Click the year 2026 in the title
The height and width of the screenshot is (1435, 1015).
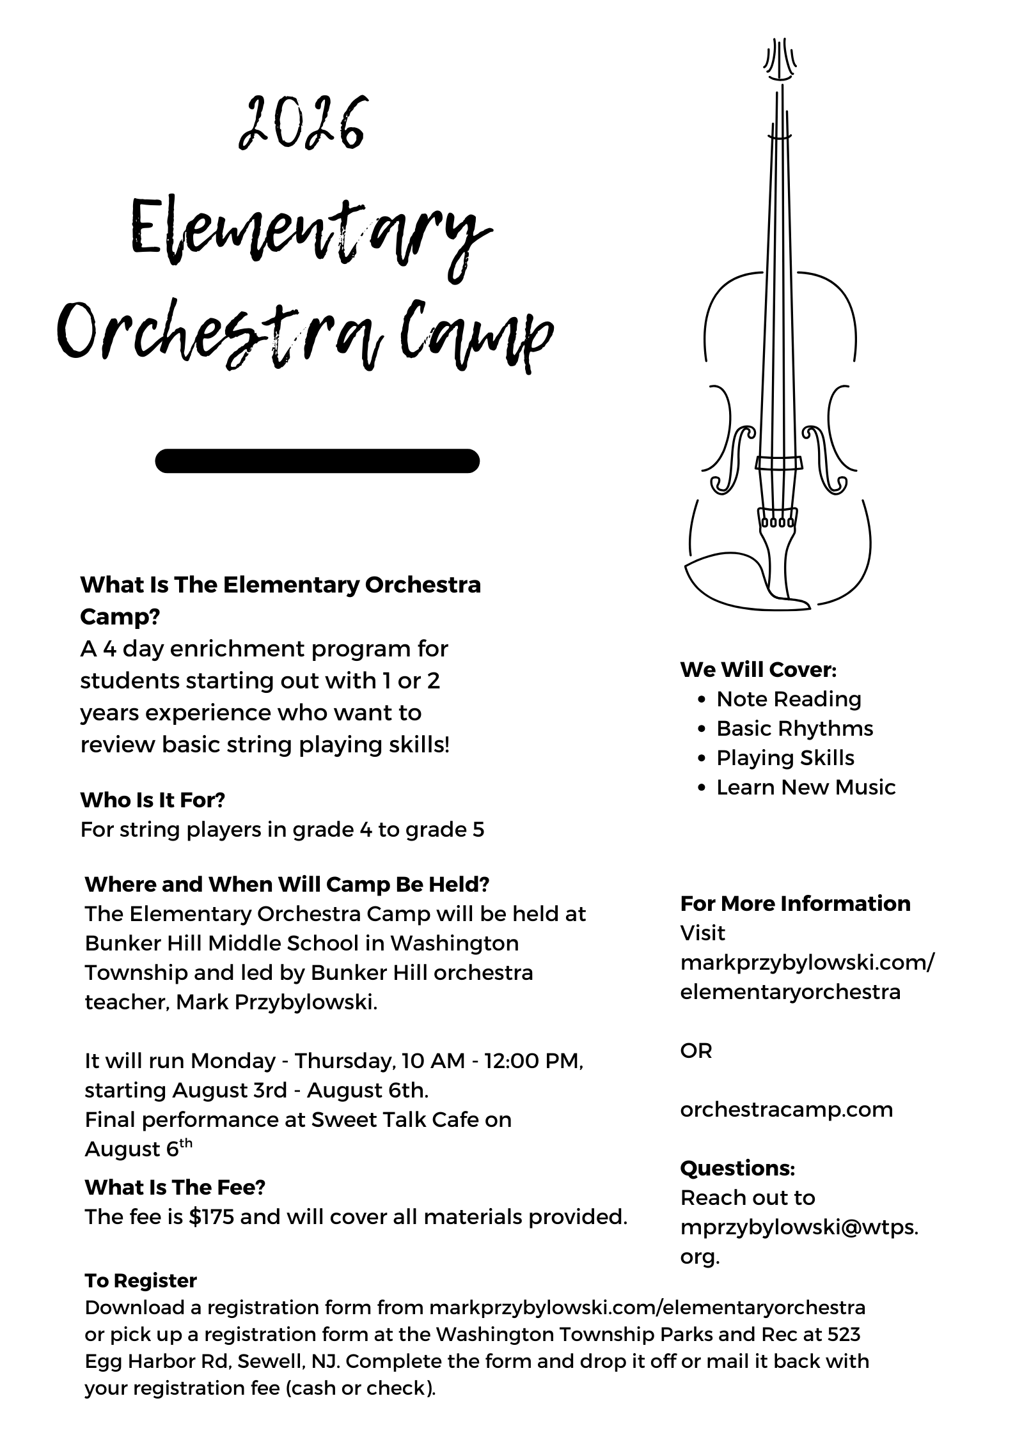click(x=301, y=125)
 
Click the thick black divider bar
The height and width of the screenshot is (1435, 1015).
click(x=317, y=461)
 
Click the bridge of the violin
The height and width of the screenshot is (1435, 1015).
click(x=778, y=462)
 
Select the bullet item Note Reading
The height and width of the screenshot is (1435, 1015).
click(x=789, y=699)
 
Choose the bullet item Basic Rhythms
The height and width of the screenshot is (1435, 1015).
click(x=794, y=728)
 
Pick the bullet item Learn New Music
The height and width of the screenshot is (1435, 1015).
click(x=806, y=787)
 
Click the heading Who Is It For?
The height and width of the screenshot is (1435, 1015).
click(x=153, y=800)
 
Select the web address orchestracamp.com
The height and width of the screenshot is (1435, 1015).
click(x=786, y=1109)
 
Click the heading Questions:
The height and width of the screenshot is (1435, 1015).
click(x=737, y=1168)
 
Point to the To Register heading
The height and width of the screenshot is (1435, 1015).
click(x=141, y=1280)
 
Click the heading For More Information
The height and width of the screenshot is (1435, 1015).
click(x=795, y=903)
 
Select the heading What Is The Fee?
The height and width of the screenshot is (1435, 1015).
click(x=175, y=1187)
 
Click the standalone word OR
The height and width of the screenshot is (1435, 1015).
click(x=696, y=1050)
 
